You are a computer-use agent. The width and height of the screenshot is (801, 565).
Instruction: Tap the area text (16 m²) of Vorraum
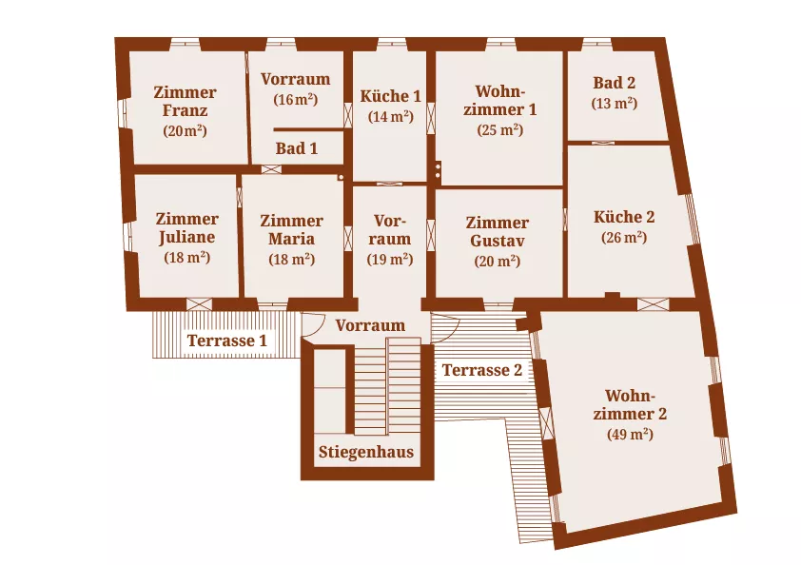pyautogui.click(x=295, y=100)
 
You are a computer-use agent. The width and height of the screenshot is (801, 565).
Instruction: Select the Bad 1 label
pyautogui.click(x=296, y=148)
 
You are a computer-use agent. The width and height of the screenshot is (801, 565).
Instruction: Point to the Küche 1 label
pyautogui.click(x=390, y=96)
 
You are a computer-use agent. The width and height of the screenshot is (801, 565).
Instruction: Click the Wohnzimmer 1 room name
pyautogui.click(x=499, y=100)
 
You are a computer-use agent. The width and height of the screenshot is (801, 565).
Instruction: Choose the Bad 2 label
pyautogui.click(x=614, y=83)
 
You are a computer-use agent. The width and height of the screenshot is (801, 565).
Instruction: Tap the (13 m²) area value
pyautogui.click(x=614, y=103)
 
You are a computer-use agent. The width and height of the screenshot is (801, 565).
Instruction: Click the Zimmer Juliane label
pyautogui.click(x=186, y=228)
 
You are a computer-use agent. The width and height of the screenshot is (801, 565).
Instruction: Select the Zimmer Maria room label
pyautogui.click(x=291, y=229)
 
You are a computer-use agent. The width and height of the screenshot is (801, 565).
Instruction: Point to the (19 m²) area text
pyautogui.click(x=390, y=259)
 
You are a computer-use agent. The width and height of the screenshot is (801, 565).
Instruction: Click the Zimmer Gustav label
pyautogui.click(x=498, y=231)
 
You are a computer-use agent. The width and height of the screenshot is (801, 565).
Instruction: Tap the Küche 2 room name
pyautogui.click(x=624, y=217)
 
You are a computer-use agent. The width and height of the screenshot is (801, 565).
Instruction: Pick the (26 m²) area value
pyautogui.click(x=624, y=238)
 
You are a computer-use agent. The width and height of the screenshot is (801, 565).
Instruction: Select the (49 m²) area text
pyautogui.click(x=629, y=435)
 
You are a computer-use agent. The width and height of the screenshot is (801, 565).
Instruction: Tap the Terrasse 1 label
pyautogui.click(x=226, y=341)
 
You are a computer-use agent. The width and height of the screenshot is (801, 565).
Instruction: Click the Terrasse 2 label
pyautogui.click(x=482, y=370)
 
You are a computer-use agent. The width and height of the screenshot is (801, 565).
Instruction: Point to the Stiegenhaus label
pyautogui.click(x=366, y=452)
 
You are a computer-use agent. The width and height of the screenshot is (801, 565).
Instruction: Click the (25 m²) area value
pyautogui.click(x=499, y=130)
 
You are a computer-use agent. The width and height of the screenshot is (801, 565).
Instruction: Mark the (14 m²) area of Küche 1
pyautogui.click(x=390, y=116)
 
